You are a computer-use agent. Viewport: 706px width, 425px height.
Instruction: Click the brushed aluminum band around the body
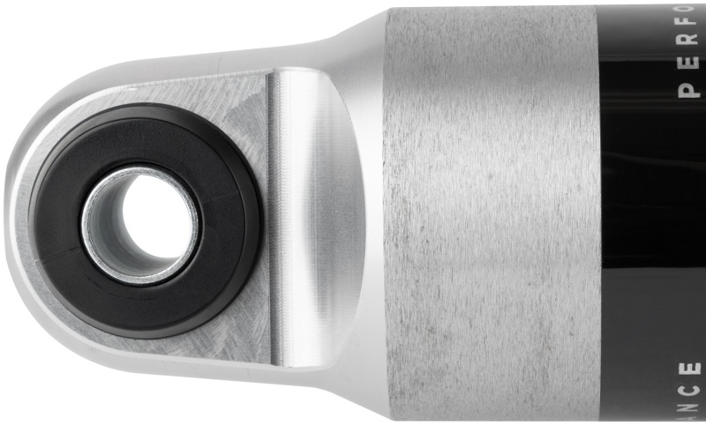click(490, 212)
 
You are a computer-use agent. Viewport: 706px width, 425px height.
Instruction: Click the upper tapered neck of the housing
click(353, 35)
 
